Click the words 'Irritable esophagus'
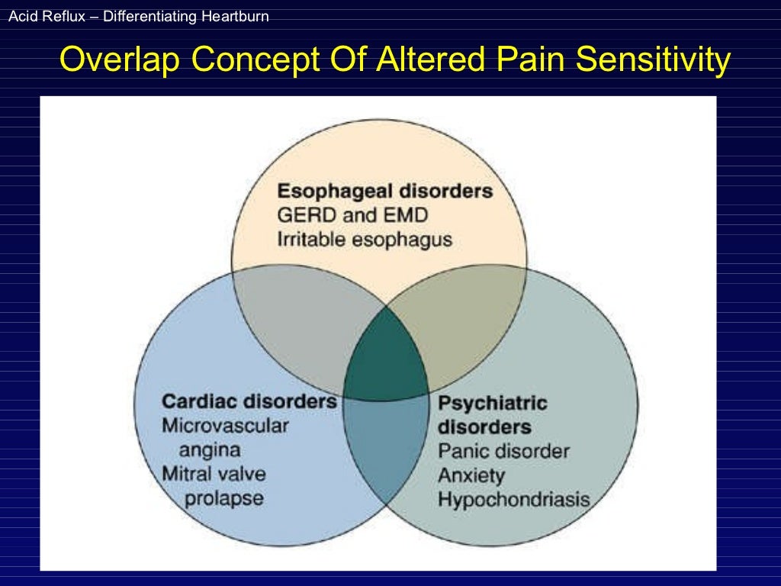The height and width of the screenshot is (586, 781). point(364,240)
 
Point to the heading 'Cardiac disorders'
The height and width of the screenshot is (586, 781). point(249,401)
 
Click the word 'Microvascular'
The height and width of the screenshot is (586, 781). point(225,425)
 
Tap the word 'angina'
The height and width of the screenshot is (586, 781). point(210,449)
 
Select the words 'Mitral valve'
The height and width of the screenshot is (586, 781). point(214,473)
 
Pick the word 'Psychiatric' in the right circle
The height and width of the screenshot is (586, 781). point(493,402)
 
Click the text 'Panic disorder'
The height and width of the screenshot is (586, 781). point(503,451)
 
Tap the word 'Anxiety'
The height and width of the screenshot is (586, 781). point(471,475)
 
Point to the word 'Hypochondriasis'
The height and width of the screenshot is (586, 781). point(513,500)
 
